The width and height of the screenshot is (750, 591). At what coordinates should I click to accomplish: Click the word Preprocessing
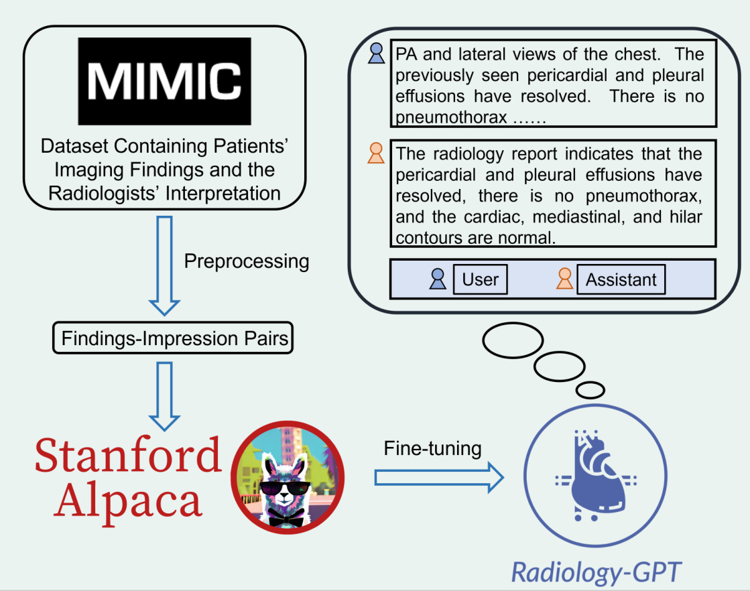point(246,261)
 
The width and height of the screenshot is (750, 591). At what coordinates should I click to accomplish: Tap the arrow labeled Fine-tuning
point(438,478)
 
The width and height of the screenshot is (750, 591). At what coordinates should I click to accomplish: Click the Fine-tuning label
point(432,448)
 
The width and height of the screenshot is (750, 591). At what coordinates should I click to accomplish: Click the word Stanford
point(128,454)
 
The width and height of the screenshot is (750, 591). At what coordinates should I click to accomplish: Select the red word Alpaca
point(128,500)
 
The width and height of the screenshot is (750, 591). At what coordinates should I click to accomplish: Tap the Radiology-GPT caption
point(596,572)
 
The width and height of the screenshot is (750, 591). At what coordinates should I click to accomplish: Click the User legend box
point(480,279)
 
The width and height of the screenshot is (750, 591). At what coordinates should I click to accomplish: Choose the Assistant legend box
point(621,279)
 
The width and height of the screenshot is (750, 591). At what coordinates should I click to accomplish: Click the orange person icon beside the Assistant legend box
point(564,279)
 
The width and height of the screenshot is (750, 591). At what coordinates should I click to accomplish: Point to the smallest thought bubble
point(590,389)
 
